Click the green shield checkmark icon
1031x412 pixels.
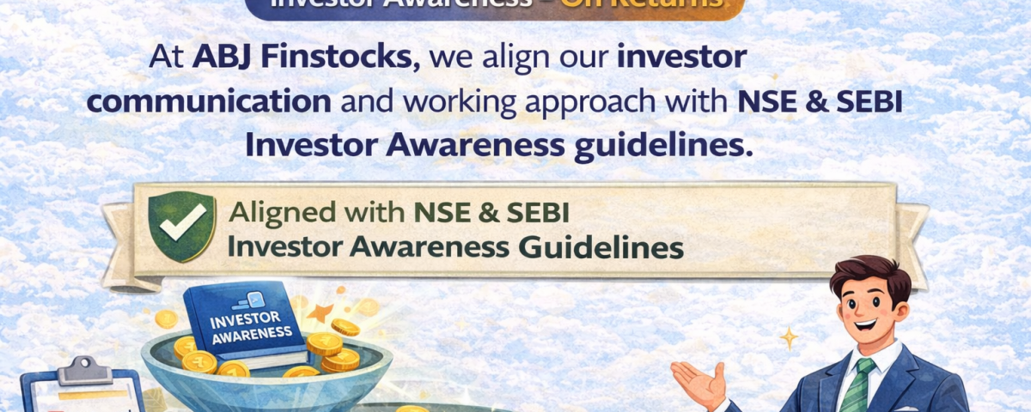tap(180, 226)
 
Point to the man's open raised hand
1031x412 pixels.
tap(700, 383)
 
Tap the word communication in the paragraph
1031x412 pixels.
tap(210, 101)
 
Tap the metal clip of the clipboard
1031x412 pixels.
tap(84, 368)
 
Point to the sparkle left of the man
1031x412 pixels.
tap(788, 337)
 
